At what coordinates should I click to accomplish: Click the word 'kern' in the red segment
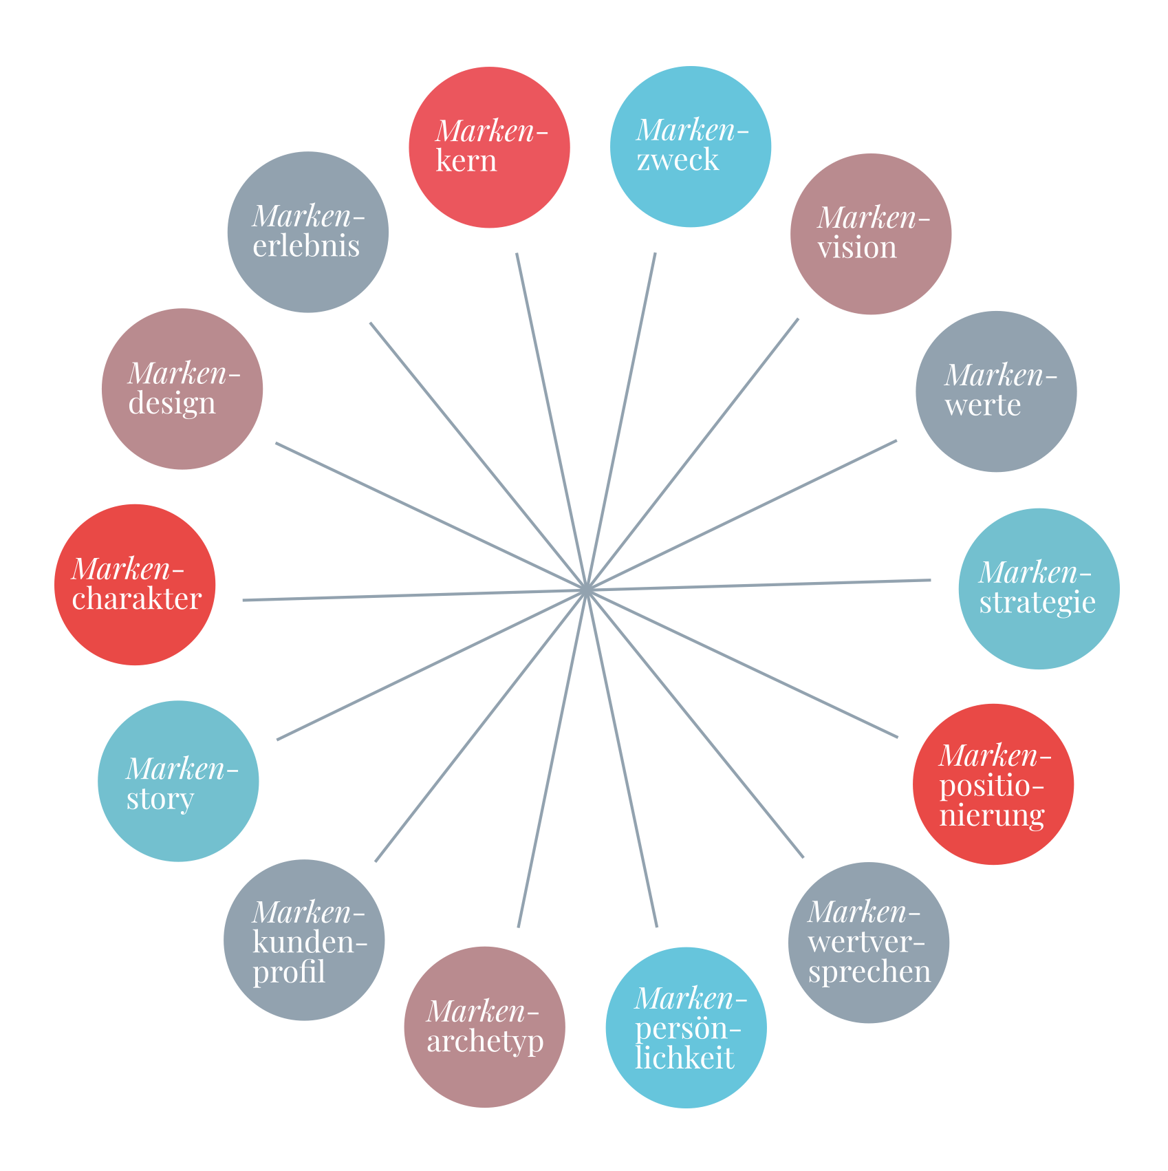point(466,161)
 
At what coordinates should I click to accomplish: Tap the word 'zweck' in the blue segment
point(678,161)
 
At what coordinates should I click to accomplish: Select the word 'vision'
point(857,248)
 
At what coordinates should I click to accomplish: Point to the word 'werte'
point(982,405)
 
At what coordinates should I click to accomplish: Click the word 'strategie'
point(1037,603)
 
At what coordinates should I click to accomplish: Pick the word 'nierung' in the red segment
point(991,816)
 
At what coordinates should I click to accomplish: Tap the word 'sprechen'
point(869,972)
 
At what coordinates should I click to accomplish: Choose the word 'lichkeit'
point(684,1058)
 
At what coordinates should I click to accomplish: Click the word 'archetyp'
point(485,1042)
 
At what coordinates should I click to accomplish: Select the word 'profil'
point(289,972)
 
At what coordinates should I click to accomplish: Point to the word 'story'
point(160,799)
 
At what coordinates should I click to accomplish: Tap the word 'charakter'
point(136,599)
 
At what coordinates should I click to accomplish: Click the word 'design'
point(172,403)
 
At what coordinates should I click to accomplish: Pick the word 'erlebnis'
point(306,246)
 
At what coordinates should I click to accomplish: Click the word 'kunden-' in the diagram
point(310,943)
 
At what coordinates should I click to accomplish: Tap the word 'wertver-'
point(866,943)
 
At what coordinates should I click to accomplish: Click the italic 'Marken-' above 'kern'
point(491,131)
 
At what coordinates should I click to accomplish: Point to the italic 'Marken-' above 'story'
point(182,769)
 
